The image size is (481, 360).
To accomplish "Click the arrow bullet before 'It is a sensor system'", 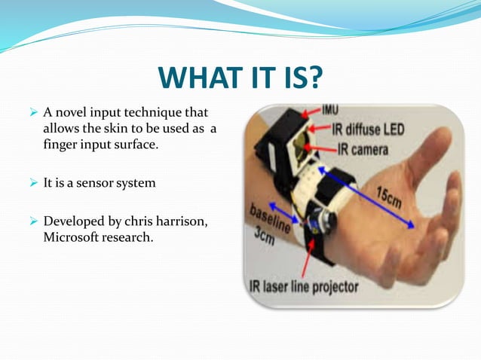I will tap(32, 182).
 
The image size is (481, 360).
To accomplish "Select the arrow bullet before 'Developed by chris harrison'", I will tap(32, 222).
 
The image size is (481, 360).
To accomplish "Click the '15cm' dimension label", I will tap(389, 197).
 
